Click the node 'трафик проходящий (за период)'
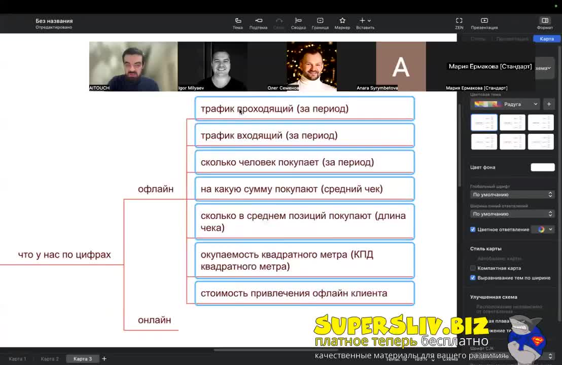(x=304, y=108)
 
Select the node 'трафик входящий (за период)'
(x=304, y=135)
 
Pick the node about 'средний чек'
(x=304, y=189)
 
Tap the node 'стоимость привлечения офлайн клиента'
(x=304, y=293)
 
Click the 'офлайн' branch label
(x=156, y=189)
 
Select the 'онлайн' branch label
(x=155, y=320)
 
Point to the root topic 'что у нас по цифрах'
(x=64, y=254)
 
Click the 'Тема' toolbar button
(x=238, y=23)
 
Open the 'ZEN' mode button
(x=459, y=23)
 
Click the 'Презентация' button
(x=484, y=23)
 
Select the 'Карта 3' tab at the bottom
(x=83, y=359)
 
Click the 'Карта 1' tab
(x=17, y=359)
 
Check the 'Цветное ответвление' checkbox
(x=473, y=229)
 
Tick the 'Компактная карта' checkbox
(x=473, y=268)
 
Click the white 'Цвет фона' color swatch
(x=542, y=167)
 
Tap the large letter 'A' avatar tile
(x=401, y=66)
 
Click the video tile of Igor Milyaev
(x=213, y=66)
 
